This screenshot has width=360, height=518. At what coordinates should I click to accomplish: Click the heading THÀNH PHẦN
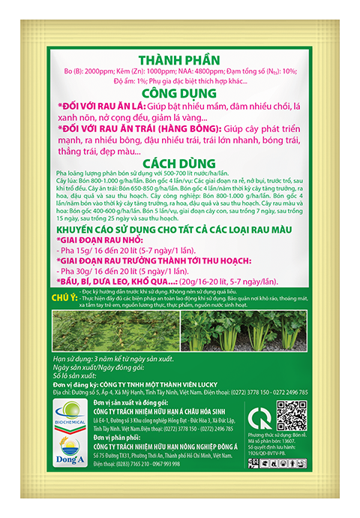[180, 62]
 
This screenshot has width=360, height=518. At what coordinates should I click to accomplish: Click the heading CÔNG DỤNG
[180, 94]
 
